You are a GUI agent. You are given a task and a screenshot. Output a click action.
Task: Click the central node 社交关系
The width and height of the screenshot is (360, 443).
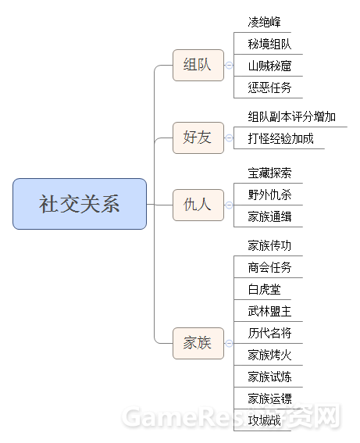80,204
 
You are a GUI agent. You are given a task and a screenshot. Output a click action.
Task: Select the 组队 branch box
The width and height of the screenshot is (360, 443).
198,65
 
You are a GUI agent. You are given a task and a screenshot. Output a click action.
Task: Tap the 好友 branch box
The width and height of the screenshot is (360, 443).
198,138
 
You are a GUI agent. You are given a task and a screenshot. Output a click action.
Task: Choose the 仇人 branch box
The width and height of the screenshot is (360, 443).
198,205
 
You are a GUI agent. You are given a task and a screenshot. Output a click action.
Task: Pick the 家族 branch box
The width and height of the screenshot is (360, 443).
198,343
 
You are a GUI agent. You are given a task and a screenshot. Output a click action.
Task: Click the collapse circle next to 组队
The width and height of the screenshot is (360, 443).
230,66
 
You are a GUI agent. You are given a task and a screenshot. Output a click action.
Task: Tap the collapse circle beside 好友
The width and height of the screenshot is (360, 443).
230,138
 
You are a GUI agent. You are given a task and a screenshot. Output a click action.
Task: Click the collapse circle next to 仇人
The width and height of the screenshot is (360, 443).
230,205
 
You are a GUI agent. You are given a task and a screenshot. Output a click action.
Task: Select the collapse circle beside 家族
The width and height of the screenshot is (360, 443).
230,343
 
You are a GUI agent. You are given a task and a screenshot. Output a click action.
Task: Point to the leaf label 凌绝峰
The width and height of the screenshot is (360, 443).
264,22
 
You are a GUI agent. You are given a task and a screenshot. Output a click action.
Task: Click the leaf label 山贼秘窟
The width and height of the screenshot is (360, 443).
269,66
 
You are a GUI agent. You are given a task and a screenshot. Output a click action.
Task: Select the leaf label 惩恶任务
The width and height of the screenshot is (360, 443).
269,88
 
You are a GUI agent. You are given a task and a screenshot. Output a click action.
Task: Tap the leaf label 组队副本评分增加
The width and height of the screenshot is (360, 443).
292,116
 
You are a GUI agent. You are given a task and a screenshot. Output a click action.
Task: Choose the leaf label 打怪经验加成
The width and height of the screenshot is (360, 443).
280,138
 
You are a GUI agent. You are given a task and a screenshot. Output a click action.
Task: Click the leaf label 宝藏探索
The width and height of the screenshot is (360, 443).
269,173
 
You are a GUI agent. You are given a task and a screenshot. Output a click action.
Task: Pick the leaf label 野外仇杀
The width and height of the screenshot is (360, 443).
269,195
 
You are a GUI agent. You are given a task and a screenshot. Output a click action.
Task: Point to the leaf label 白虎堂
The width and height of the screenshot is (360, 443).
264,289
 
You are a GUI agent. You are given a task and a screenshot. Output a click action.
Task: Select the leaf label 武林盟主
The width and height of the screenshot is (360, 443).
269,311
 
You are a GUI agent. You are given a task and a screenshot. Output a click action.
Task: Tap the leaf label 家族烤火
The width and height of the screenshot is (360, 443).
269,355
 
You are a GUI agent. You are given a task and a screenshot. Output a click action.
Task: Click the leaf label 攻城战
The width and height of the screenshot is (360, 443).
264,420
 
